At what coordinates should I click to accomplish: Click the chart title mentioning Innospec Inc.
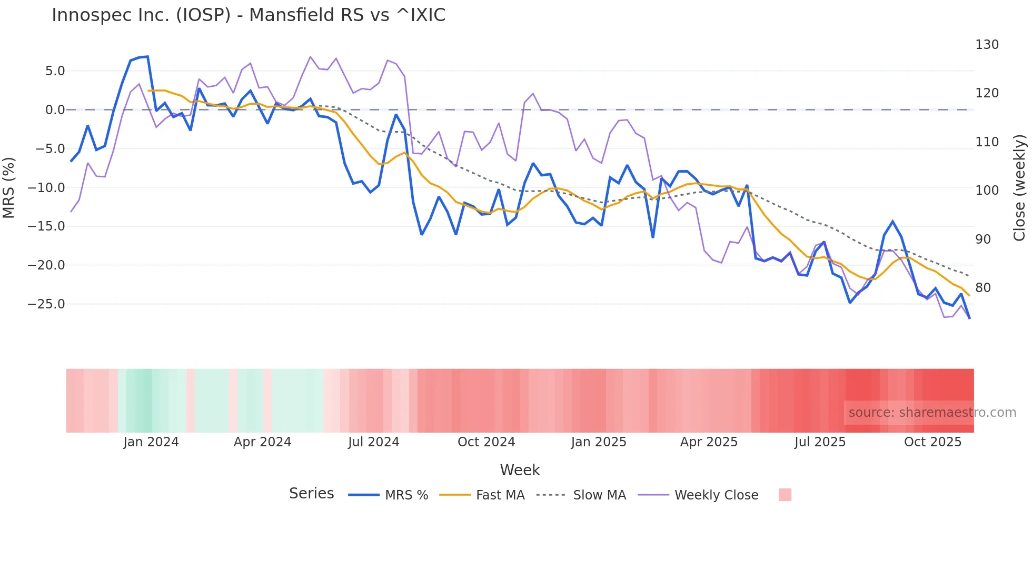(249, 15)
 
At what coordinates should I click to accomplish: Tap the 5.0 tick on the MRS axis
(55, 71)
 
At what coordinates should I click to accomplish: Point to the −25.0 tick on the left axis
(46, 304)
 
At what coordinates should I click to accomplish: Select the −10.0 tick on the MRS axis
(46, 188)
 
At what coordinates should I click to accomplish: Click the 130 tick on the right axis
(986, 45)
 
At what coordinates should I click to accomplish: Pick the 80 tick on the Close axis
(983, 288)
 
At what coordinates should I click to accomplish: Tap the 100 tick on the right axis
(986, 191)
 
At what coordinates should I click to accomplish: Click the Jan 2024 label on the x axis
(151, 442)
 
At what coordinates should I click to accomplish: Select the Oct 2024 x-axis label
(486, 442)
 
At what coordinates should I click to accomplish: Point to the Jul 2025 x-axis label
(820, 442)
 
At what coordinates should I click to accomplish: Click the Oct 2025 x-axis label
(932, 442)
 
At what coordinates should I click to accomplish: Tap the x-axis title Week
(520, 470)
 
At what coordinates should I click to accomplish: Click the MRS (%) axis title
(9, 188)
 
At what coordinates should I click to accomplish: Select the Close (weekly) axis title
(1019, 188)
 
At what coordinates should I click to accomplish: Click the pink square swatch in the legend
(785, 495)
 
